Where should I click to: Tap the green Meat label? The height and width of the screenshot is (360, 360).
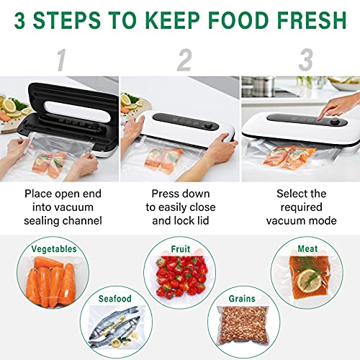(307, 249)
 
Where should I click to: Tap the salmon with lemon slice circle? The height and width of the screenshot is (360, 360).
(305, 283)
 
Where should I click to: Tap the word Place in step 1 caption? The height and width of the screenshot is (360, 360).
(40, 194)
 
